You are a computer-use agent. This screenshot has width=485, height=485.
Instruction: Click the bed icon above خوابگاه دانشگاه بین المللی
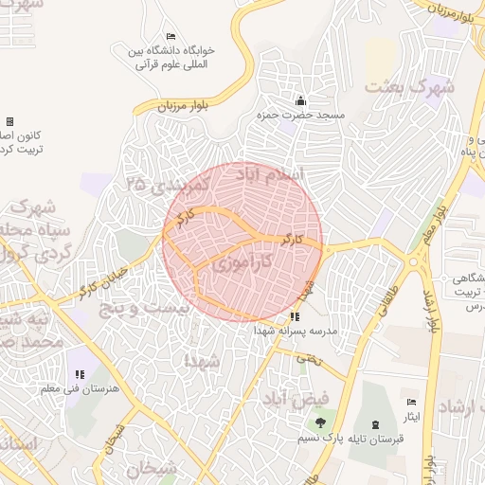(170, 36)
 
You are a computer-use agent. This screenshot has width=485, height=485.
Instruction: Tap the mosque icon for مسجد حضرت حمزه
(301, 100)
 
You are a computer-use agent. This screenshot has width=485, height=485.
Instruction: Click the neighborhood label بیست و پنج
(146, 309)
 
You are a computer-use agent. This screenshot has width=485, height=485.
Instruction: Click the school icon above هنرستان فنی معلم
(80, 374)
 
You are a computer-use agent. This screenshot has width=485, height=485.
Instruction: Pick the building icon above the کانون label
(9, 121)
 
